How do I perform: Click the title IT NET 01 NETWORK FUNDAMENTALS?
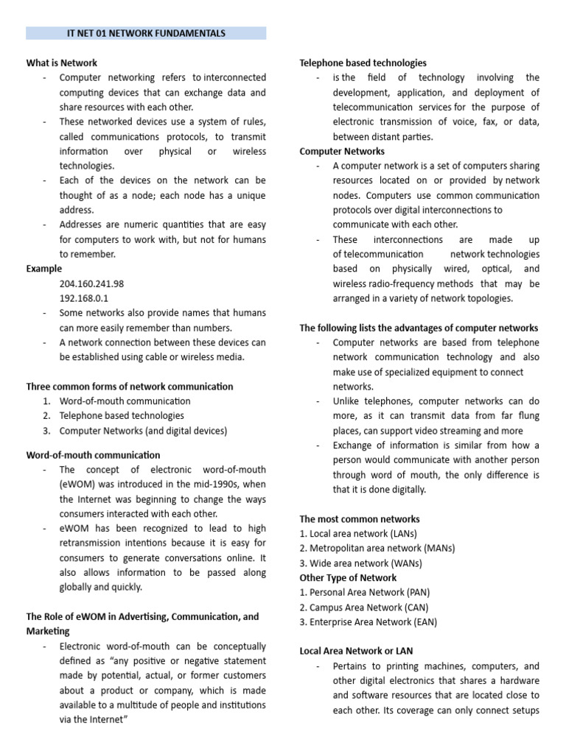click(146, 33)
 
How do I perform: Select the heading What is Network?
click(62, 63)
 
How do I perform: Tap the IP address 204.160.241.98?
click(91, 283)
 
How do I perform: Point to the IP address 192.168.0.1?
click(83, 298)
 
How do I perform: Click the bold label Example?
click(44, 269)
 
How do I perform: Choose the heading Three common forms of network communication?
click(130, 387)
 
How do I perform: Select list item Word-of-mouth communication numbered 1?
click(125, 401)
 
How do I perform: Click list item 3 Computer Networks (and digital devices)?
click(143, 431)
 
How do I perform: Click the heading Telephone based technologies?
click(363, 63)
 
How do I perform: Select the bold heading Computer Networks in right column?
click(342, 151)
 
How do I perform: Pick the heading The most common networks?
click(360, 519)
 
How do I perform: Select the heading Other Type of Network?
click(348, 578)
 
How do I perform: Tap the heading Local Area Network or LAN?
click(356, 651)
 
